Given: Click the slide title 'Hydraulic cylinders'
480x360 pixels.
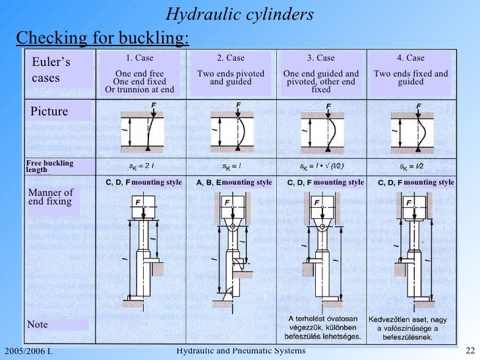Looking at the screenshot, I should (239, 14).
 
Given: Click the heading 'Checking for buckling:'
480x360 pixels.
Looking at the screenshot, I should (102, 38).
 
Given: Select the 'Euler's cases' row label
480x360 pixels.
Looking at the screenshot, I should (52, 70).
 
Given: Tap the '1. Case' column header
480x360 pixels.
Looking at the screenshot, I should (139, 58).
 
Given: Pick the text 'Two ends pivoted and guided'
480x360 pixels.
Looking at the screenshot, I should (231, 78).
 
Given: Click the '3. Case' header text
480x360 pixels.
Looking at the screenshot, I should (321, 58).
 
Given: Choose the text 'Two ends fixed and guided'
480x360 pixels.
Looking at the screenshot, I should (410, 78).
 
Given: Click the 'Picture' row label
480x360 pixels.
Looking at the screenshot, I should (49, 111).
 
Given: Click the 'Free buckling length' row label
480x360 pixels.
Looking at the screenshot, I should (49, 166).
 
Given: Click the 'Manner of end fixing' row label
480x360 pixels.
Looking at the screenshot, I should (51, 197).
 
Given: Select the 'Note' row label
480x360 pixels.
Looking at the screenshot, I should (38, 324).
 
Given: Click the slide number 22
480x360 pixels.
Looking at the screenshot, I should (470, 350).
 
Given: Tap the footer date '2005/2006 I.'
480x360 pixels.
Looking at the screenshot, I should (28, 351).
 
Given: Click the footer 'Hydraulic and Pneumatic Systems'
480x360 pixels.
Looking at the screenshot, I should (241, 350).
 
